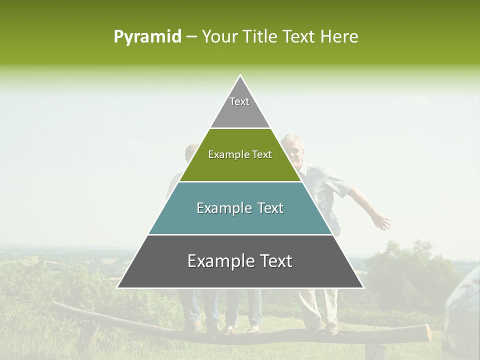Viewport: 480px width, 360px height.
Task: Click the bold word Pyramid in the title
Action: tap(147, 37)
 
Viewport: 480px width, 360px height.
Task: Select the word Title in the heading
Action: tap(262, 37)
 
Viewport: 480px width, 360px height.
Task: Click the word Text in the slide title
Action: tap(299, 37)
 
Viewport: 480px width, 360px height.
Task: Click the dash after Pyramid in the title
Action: tap(191, 37)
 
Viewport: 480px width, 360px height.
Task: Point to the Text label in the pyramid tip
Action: tap(239, 101)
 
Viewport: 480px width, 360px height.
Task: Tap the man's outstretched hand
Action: tap(382, 221)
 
